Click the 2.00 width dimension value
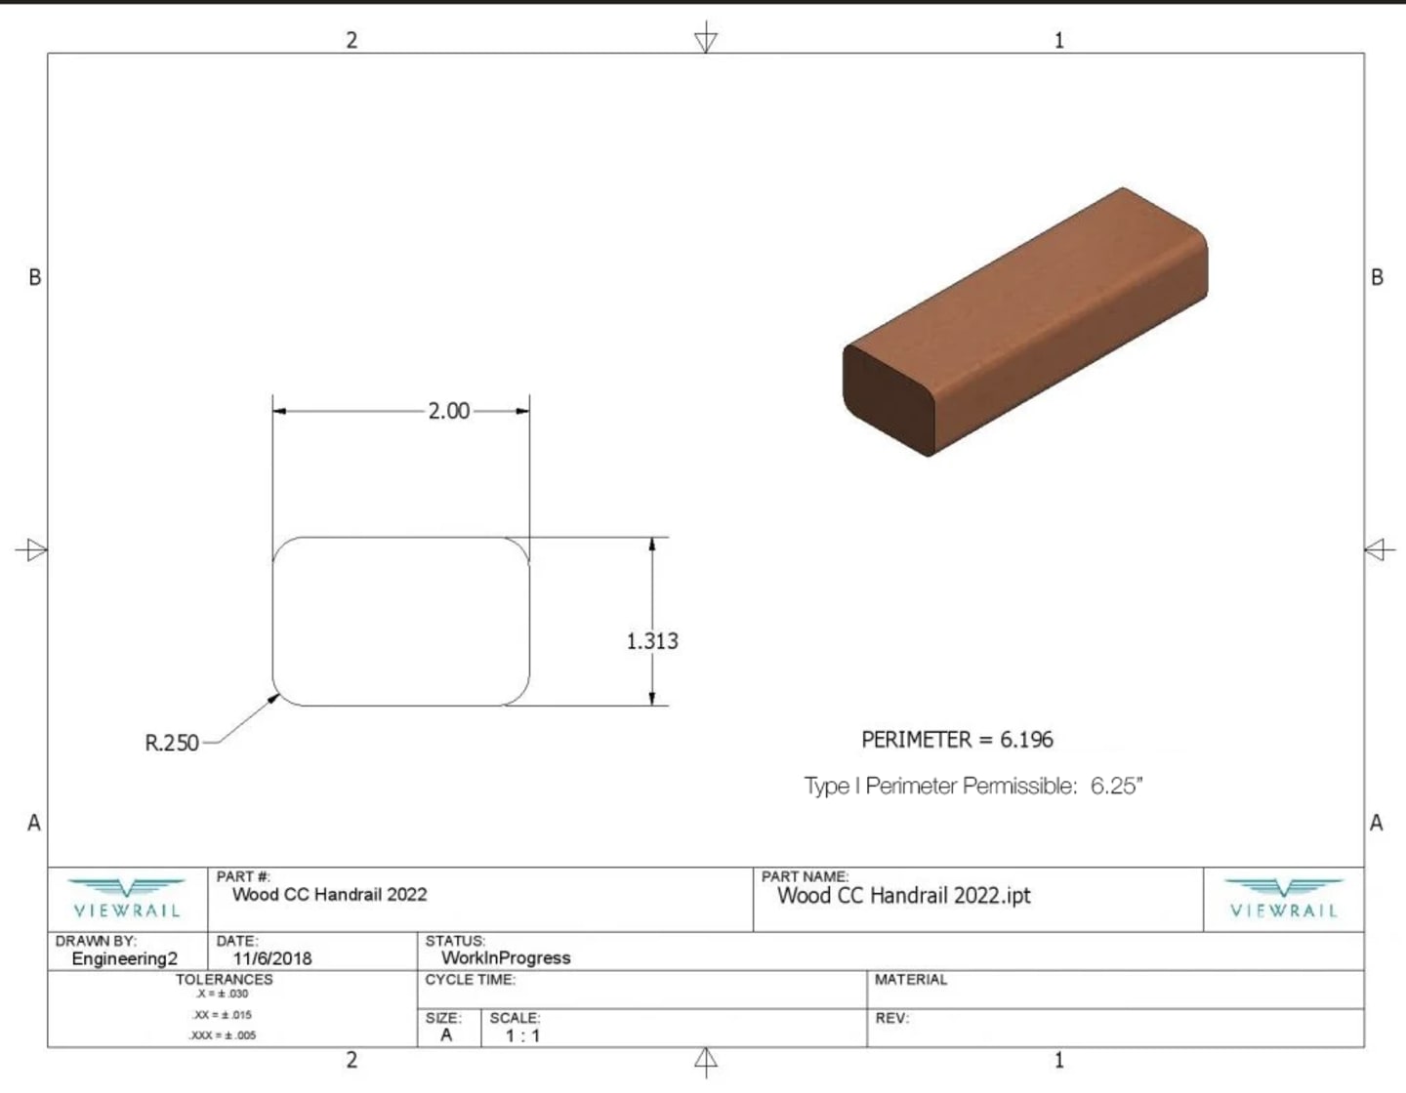[x=448, y=411]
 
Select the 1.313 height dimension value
[x=652, y=641]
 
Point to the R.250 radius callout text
[x=172, y=743]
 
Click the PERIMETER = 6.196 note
[x=957, y=740]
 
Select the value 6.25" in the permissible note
[x=1116, y=786]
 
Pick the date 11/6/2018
[x=271, y=958]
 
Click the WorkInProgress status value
[x=506, y=958]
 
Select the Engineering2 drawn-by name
[x=125, y=958]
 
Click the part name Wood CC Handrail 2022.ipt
[x=903, y=896]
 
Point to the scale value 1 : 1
[x=522, y=1035]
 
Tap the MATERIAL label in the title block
[x=911, y=980]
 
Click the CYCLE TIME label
[x=470, y=980]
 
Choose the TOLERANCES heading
[x=225, y=979]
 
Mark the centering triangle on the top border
[x=706, y=40]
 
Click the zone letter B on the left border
[x=35, y=277]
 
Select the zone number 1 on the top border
[x=1058, y=40]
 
